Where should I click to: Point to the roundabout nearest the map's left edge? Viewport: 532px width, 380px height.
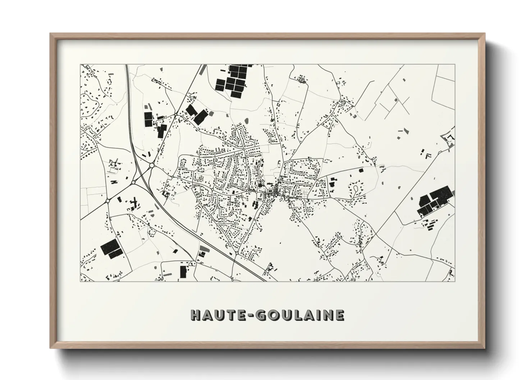click(x=107, y=201)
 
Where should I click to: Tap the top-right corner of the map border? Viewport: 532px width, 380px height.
click(x=455, y=65)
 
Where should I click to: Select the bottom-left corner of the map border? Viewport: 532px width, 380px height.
click(x=81, y=281)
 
